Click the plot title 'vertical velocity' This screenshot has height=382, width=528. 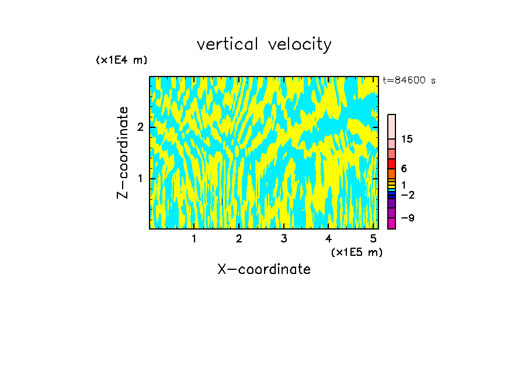264,44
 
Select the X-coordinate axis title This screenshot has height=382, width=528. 264,269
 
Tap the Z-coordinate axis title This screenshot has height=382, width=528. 123,152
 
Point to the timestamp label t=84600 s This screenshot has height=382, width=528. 409,81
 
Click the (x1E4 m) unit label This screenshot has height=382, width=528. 121,60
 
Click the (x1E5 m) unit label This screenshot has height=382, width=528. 356,252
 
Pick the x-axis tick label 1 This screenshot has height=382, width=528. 194,238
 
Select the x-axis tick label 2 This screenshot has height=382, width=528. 239,238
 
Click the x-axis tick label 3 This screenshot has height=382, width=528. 284,238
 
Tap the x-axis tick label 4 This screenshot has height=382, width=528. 328,238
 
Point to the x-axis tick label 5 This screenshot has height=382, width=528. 373,238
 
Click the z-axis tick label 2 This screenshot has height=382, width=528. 140,127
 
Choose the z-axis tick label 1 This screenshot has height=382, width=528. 140,178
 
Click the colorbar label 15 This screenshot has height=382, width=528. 407,139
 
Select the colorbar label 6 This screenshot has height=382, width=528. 404,169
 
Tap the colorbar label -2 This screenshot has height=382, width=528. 407,195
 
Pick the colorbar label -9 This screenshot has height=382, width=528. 407,218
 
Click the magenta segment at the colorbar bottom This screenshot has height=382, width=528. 391,223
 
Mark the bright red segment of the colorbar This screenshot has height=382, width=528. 391,164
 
